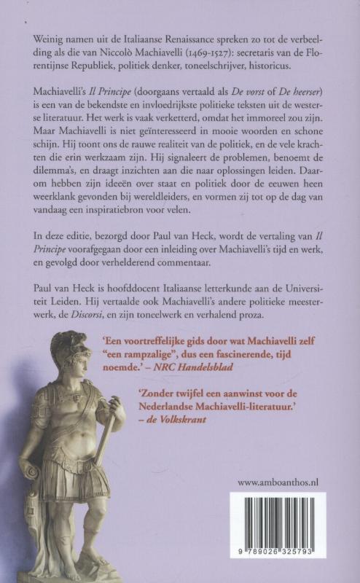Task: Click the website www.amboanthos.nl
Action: point(281,482)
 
